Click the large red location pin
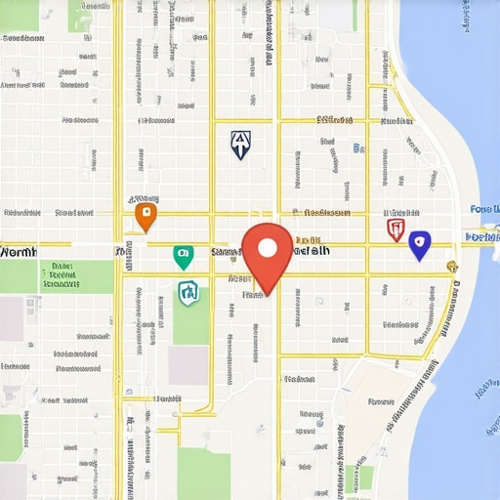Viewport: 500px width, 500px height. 268,252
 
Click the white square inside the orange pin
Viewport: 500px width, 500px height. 145,212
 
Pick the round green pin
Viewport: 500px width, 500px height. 183,256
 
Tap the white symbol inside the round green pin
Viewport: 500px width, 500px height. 183,254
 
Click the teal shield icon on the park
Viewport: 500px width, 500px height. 189,292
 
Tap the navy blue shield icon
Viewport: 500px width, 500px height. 240,146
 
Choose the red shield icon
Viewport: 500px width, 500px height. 396,229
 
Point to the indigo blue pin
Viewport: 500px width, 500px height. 419,244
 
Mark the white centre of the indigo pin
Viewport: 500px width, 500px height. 419,241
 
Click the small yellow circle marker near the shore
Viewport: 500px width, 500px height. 451,266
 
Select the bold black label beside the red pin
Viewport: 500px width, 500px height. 311,251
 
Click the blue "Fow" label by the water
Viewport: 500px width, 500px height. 483,209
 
